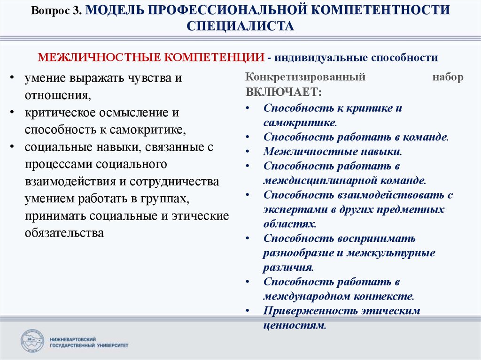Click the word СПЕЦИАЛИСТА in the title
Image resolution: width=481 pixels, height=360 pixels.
[240, 26]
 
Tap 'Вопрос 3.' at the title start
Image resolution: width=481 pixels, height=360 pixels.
[56, 11]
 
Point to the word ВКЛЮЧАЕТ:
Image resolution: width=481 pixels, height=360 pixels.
[284, 92]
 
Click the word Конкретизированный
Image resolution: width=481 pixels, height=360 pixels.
[305, 77]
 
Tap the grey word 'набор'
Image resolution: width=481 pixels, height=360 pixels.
[448, 77]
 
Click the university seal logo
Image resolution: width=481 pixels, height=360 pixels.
[32, 341]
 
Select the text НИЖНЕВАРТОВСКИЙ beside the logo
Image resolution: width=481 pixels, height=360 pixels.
[73, 339]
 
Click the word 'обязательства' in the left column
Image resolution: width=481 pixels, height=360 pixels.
[64, 233]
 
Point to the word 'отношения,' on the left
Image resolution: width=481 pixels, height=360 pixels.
[58, 95]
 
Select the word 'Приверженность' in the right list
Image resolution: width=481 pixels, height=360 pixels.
[310, 311]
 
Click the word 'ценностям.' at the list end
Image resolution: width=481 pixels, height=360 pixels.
[295, 325]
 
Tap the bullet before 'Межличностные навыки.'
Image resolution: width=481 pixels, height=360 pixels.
[248, 152]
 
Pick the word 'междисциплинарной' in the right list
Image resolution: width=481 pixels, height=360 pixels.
[320, 181]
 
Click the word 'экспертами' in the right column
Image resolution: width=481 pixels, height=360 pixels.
[295, 210]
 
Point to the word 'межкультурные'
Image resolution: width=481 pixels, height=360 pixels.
[391, 253]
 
